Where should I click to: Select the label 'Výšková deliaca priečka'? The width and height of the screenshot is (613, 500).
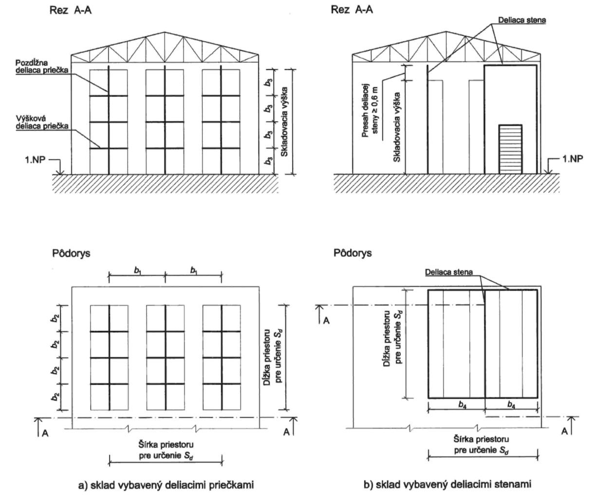pyautogui.click(x=43, y=122)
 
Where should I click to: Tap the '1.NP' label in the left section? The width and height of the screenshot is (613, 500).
pyautogui.click(x=35, y=159)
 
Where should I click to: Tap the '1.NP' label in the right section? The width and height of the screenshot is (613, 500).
pyautogui.click(x=572, y=159)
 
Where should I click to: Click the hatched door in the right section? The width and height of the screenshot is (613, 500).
pyautogui.click(x=510, y=149)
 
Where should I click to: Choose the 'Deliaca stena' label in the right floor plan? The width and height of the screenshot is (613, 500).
pyautogui.click(x=448, y=271)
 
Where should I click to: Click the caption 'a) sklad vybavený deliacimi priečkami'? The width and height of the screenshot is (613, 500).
pyautogui.click(x=166, y=485)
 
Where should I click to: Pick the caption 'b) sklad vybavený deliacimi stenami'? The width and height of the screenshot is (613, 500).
pyautogui.click(x=447, y=484)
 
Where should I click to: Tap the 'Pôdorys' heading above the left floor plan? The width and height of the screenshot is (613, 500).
pyautogui.click(x=71, y=253)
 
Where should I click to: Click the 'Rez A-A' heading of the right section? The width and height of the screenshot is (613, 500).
pyautogui.click(x=352, y=10)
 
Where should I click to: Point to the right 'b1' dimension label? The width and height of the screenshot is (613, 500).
pyautogui.click(x=194, y=269)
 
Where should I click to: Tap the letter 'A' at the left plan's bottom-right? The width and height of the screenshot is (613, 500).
pyautogui.click(x=286, y=432)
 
